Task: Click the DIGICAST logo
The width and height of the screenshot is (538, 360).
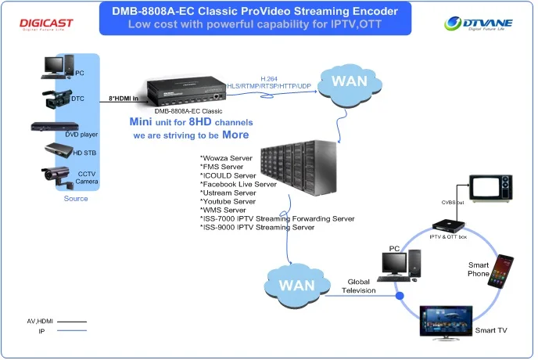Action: [x=45, y=23]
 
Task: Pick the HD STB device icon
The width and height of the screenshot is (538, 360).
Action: [x=58, y=149]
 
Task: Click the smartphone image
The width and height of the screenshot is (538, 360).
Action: [x=501, y=271]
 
